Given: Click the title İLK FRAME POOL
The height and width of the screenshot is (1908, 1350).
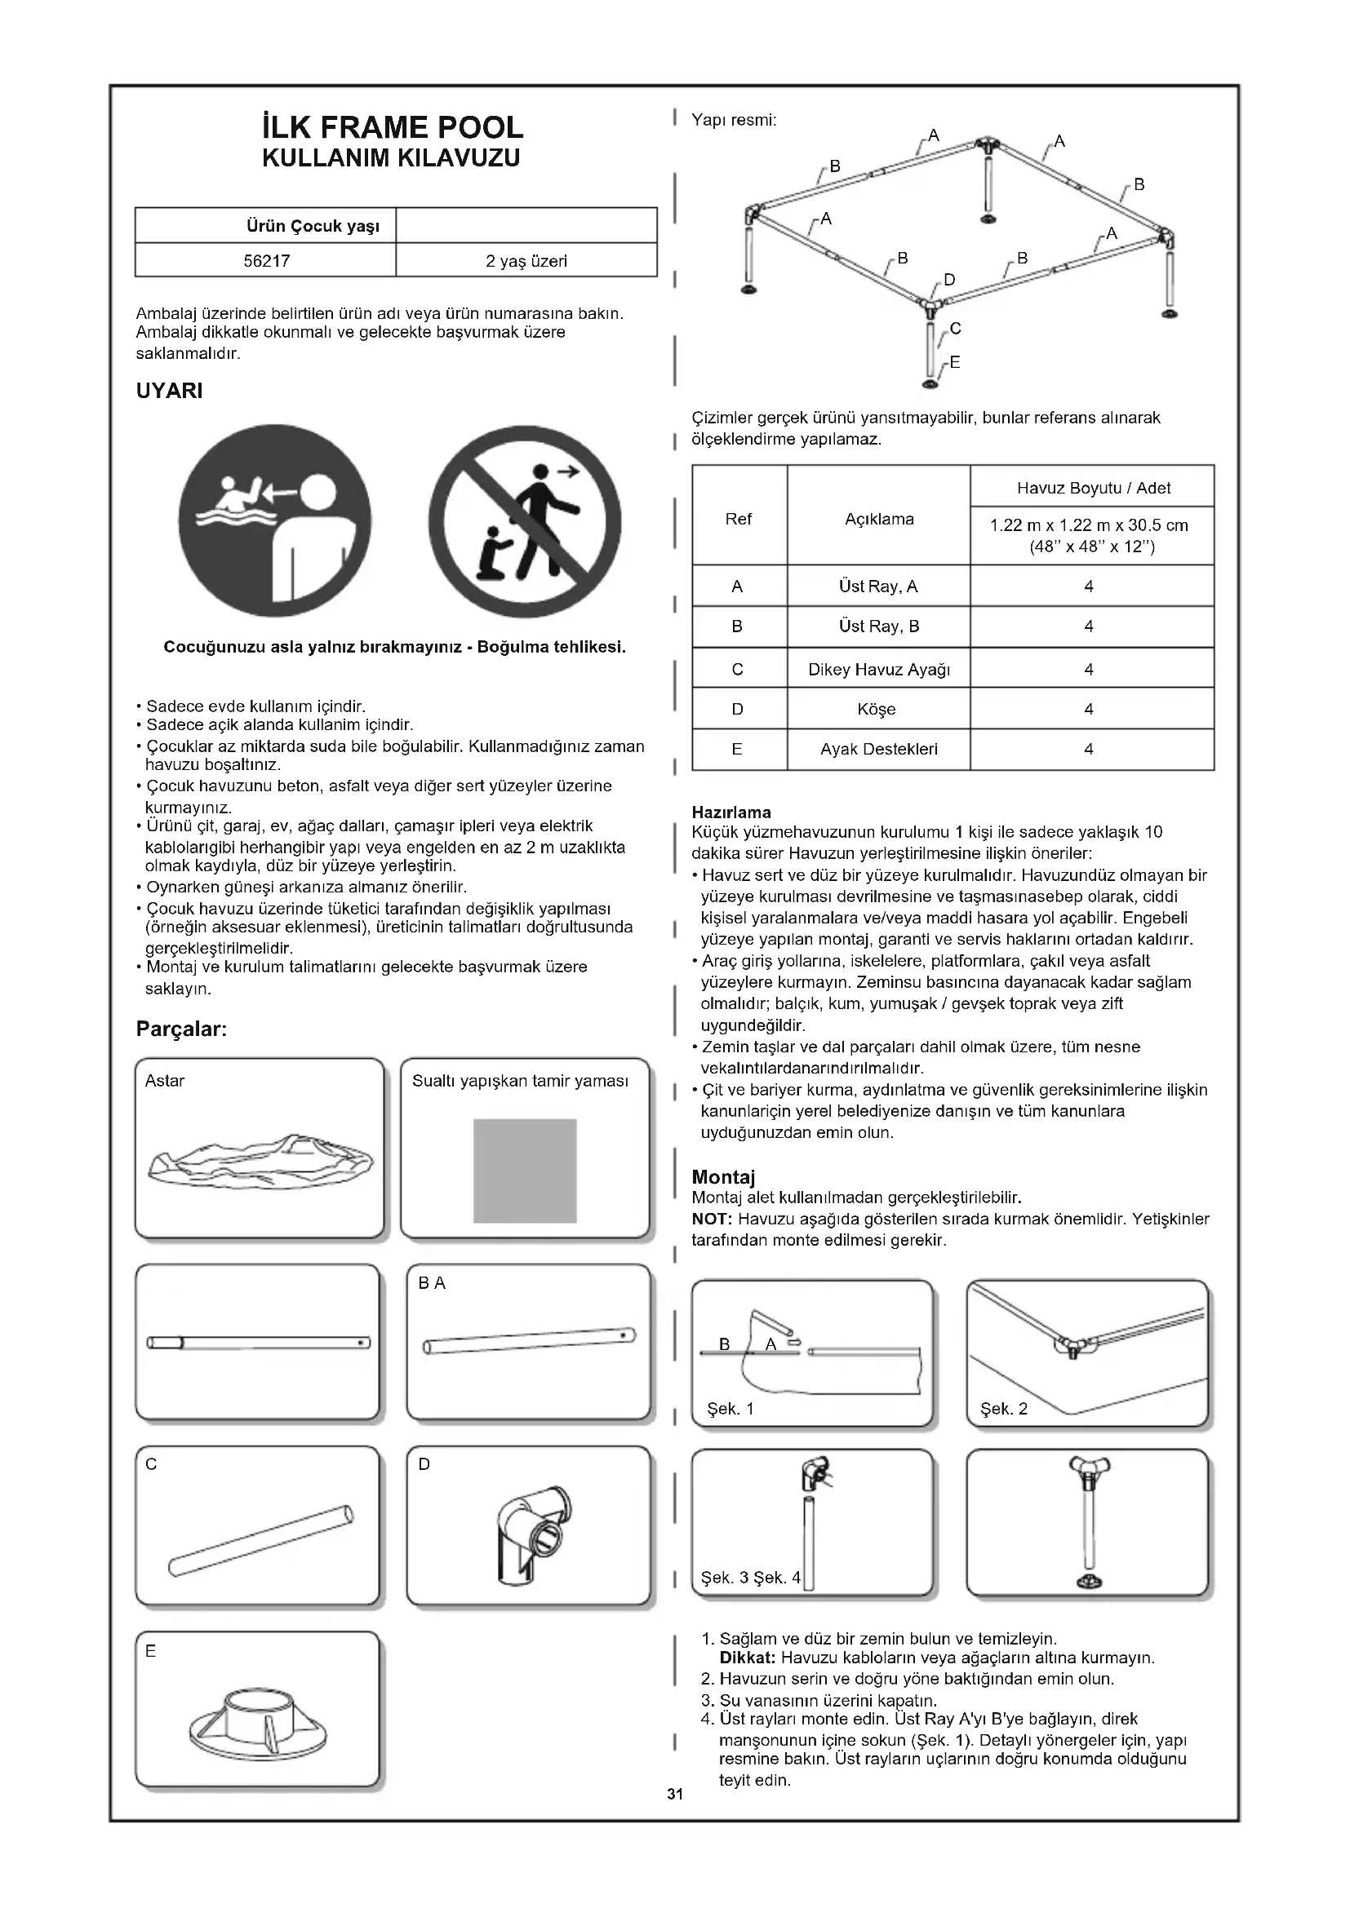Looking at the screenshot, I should pyautogui.click(x=392, y=127).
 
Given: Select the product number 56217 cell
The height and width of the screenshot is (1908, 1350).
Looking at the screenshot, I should pyautogui.click(x=266, y=261).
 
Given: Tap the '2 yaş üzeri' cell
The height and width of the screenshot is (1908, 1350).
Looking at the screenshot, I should pyautogui.click(x=526, y=261).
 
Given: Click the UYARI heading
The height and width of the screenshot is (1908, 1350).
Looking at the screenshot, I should pyautogui.click(x=170, y=392).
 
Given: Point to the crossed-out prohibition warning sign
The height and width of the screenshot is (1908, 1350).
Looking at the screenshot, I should pyautogui.click(x=525, y=521).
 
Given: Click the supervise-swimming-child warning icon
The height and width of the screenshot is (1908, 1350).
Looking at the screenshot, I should pyautogui.click(x=275, y=521).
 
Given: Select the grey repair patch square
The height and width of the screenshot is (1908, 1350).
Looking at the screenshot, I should pyautogui.click(x=525, y=1171).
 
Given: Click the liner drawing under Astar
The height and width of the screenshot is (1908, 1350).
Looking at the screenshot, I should pyautogui.click(x=260, y=1159).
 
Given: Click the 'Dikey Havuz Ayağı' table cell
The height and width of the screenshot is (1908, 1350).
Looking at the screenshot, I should pyautogui.click(x=879, y=670).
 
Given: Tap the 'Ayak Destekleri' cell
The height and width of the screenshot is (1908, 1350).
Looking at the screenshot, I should pyautogui.click(x=879, y=750).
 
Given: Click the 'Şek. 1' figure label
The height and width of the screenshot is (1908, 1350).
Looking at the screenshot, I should pyautogui.click(x=730, y=1410).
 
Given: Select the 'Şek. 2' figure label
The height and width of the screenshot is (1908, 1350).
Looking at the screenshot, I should pyautogui.click(x=1003, y=1410).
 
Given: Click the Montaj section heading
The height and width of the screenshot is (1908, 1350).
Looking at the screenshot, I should pyautogui.click(x=723, y=1178).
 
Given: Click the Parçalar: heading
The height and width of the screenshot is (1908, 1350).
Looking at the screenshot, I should pyautogui.click(x=181, y=1029).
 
